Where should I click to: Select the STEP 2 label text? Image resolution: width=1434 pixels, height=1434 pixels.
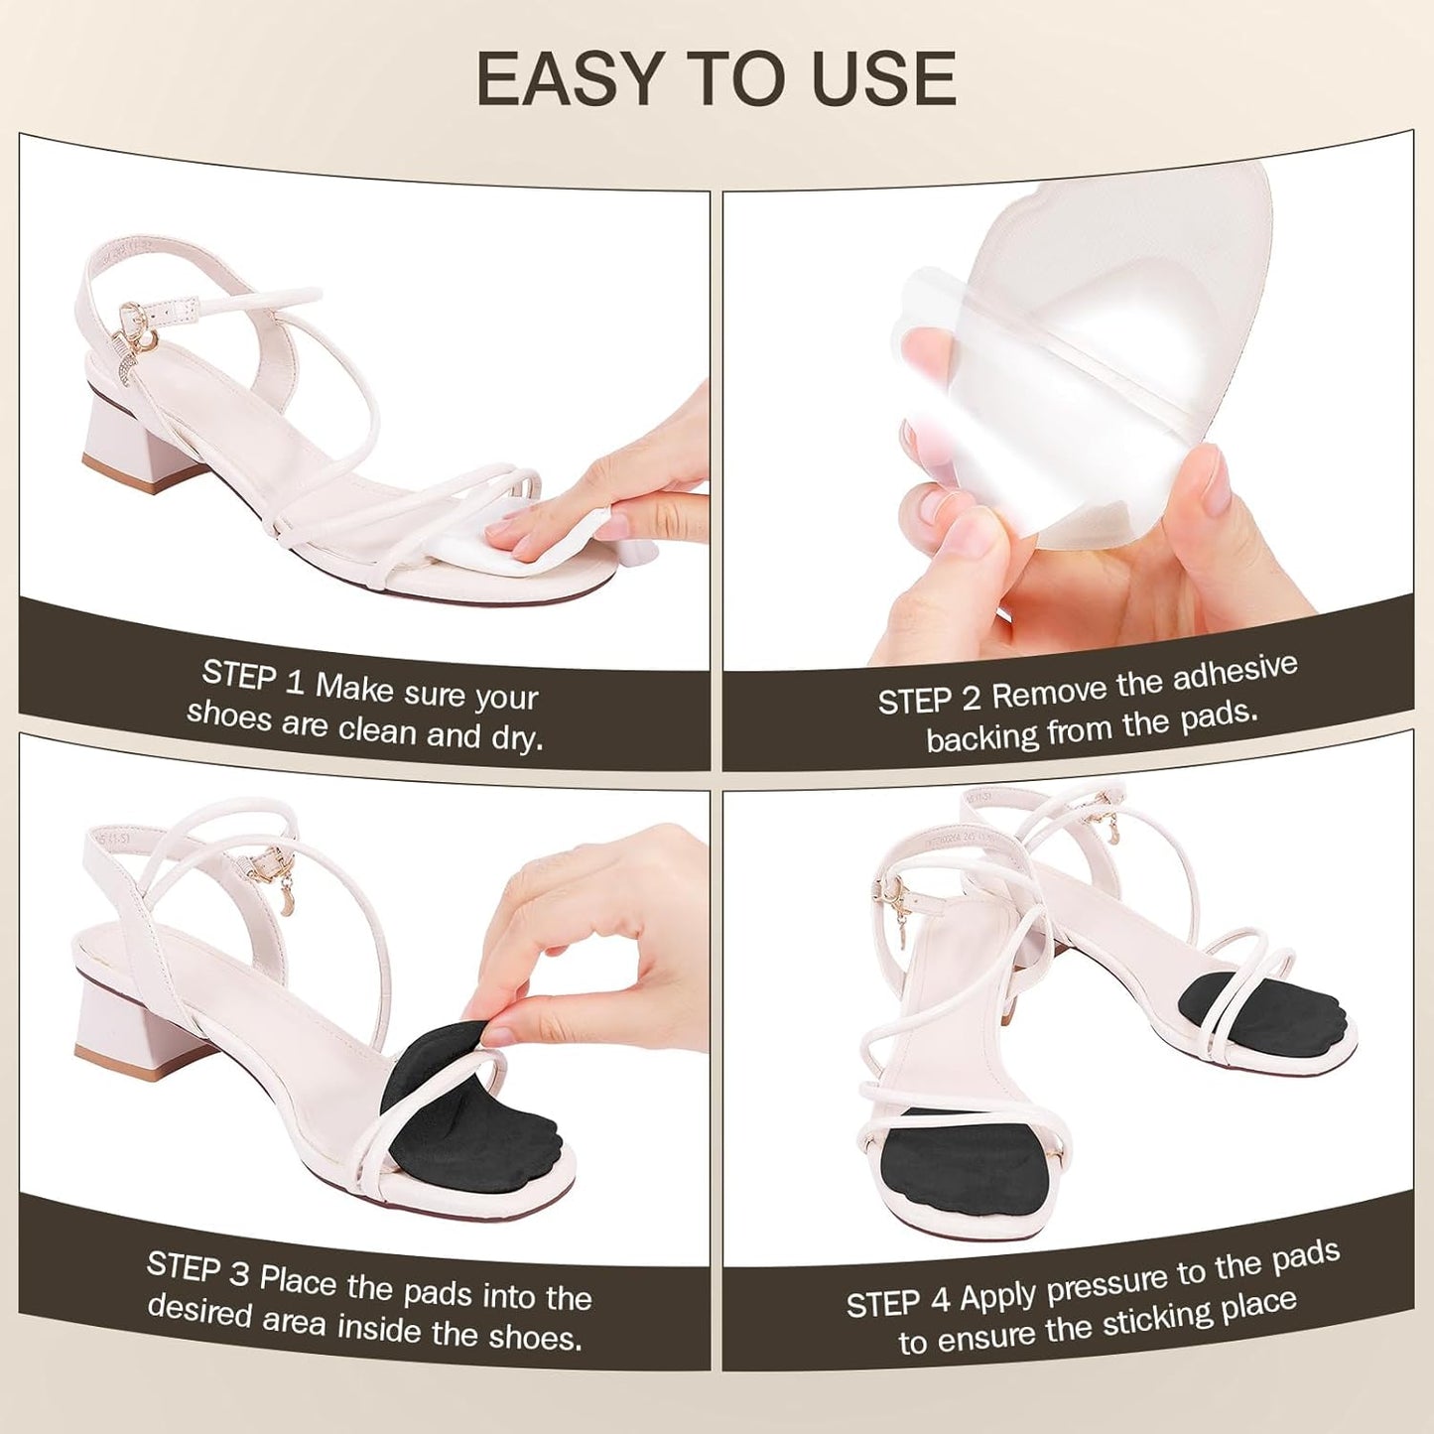coord(929,700)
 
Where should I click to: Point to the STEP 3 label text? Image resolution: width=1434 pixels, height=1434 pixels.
coord(197,1269)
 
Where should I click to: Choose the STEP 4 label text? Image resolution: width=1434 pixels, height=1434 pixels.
coord(898,1301)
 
